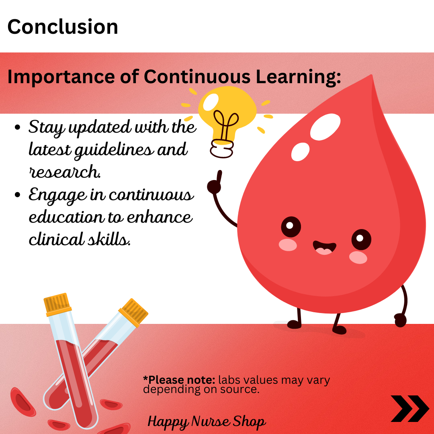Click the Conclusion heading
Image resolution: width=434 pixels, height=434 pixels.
coord(63,27)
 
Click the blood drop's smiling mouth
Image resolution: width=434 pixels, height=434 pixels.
coord(324,247)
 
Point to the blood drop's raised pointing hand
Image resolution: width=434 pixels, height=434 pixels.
coord(215,183)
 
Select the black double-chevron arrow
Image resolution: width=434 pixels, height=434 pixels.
coord(409,409)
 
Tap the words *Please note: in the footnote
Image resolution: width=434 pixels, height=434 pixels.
coord(179,380)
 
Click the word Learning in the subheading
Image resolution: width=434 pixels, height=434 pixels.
coord(298,77)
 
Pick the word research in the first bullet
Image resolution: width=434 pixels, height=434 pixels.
coord(65,172)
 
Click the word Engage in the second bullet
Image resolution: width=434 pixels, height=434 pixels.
coord(57,195)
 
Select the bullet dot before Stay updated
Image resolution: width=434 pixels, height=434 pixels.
coord(17,127)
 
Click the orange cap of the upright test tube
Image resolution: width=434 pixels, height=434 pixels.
coord(57,304)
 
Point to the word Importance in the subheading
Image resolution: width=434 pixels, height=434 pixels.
coord(61,77)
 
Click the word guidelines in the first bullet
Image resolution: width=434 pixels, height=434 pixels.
coord(114,150)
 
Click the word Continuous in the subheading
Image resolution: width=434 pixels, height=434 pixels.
coord(197,77)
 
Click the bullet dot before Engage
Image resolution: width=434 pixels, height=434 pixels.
coord(17,194)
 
